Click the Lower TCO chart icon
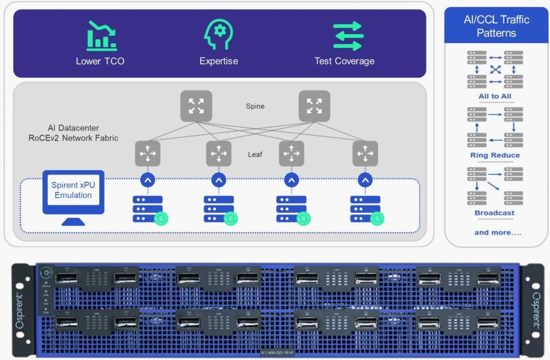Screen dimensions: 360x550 tap(101, 36)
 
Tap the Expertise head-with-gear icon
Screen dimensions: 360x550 tap(218, 34)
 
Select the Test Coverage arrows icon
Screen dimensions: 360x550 tap(348, 36)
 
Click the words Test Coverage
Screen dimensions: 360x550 tap(344, 61)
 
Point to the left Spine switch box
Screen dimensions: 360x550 tap(196, 106)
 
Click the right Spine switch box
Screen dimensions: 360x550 tap(314, 106)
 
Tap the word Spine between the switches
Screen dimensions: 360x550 tap(255, 106)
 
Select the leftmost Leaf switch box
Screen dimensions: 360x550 tap(147, 153)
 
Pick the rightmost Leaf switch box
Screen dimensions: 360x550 tap(365, 153)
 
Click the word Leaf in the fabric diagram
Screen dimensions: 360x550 tap(255, 155)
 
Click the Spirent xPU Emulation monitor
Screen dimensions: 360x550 tap(73, 192)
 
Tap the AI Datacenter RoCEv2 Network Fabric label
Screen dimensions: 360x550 tap(73, 133)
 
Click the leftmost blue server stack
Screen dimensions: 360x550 tap(147, 209)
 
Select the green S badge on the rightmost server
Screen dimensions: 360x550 tap(377, 219)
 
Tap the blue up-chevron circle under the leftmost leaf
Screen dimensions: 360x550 tap(147, 180)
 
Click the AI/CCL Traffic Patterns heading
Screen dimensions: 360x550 tap(496, 26)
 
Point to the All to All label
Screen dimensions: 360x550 tap(495, 96)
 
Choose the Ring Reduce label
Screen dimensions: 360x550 tap(495, 155)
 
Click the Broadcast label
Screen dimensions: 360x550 tap(494, 213)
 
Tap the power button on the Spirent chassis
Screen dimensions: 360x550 tap(46, 272)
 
